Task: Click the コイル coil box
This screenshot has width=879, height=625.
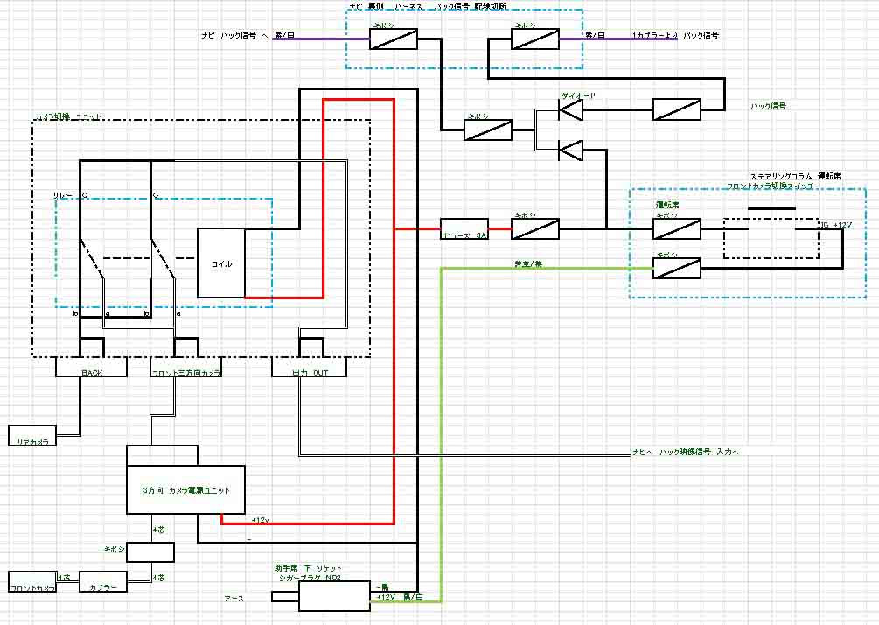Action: pos(220,263)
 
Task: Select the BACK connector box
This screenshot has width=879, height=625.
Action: pos(92,368)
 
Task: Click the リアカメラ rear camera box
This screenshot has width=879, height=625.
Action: pos(32,435)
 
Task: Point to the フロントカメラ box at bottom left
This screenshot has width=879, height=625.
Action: pos(32,582)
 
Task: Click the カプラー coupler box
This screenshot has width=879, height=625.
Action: pos(102,582)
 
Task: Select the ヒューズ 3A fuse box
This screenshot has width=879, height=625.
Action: pos(463,229)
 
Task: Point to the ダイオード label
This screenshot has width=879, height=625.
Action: pos(577,94)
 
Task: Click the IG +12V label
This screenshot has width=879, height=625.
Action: pos(835,225)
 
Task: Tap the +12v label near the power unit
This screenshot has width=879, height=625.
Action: pos(260,520)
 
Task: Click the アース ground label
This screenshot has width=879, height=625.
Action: pos(234,599)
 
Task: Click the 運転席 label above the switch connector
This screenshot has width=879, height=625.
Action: pos(667,205)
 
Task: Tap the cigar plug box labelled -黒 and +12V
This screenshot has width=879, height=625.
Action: pos(337,597)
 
